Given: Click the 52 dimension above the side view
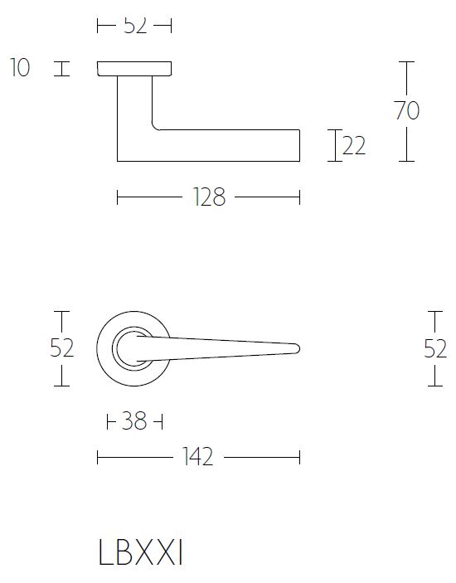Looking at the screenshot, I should tap(134, 26).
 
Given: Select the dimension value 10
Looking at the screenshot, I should tap(20, 68).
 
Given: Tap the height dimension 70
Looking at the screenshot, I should tap(407, 110).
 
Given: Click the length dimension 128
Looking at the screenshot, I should tap(207, 197).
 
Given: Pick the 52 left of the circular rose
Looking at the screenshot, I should tap(61, 348).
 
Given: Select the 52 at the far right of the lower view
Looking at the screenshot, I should tap(435, 348).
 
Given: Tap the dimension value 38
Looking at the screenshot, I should tap(133, 422).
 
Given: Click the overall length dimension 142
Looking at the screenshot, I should tap(199, 457).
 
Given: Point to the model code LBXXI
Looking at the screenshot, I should tap(140, 554).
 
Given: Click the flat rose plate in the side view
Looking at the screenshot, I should tap(135, 68).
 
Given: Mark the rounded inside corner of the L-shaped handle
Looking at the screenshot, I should tap(157, 126).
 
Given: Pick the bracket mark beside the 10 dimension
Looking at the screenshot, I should tap(59, 68).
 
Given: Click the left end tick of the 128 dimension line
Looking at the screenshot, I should tap(118, 197).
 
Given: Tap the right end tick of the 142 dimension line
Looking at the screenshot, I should tap(299, 457).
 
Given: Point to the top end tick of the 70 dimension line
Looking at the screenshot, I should tap(405, 61).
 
